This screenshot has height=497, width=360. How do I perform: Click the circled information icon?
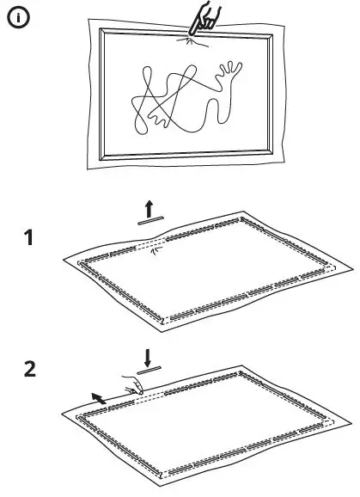[x=16, y=16]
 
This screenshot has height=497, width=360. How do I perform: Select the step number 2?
[x=30, y=371]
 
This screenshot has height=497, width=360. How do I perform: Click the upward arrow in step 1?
[x=149, y=207]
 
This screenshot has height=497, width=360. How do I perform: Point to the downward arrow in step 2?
[x=149, y=356]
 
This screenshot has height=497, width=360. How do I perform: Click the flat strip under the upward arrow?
[x=149, y=221]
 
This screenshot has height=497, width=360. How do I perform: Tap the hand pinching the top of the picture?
[x=204, y=20]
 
